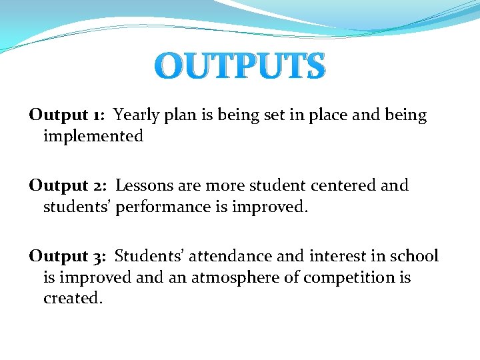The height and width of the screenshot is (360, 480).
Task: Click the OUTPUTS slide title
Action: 243,67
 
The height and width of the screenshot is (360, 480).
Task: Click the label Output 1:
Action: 66,115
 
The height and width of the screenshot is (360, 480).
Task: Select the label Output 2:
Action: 67,186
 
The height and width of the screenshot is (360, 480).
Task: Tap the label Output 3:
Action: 67,257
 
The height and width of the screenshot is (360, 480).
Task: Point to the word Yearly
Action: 136,116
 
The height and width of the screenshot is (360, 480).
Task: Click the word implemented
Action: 93,137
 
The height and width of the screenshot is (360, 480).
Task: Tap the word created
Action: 73,299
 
